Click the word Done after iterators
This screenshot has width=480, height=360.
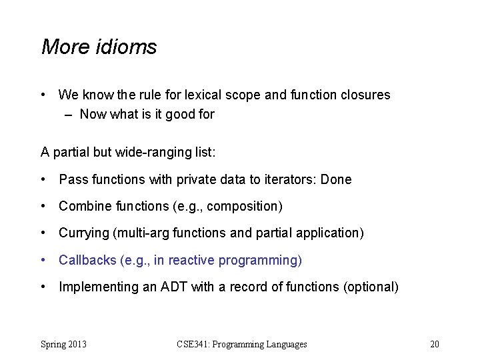[337, 180]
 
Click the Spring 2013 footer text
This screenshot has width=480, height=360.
[64, 345]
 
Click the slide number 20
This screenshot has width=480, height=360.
[435, 345]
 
